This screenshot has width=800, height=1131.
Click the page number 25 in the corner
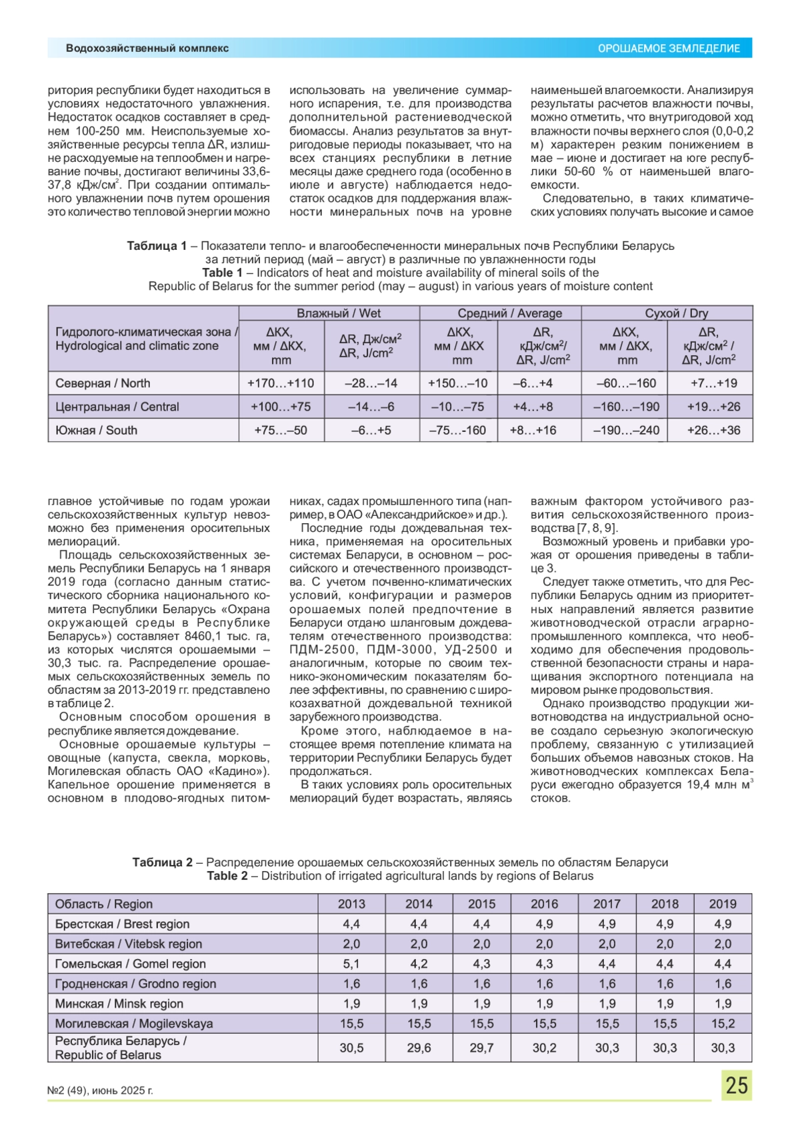tap(736, 1084)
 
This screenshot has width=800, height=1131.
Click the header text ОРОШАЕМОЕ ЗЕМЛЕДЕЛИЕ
tap(668, 49)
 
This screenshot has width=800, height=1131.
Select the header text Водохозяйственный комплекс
tap(147, 48)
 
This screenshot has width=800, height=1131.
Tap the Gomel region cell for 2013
tap(351, 964)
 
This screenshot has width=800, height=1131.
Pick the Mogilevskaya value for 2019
tap(723, 1023)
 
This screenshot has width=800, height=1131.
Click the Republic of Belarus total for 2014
tap(419, 1048)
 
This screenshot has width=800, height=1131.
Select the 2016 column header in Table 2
tap(544, 904)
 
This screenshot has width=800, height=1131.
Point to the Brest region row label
tap(122, 924)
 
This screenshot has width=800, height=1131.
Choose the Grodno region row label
tap(135, 984)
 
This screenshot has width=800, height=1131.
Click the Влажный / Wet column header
tap(329, 313)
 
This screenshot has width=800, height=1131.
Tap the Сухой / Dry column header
tap(667, 313)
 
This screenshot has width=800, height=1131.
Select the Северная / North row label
tap(103, 383)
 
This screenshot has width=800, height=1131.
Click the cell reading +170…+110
tap(281, 383)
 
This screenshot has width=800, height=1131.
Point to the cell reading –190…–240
tap(626, 431)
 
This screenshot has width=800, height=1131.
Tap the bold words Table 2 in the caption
tap(227, 876)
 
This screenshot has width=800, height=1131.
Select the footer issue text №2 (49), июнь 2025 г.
tap(100, 1090)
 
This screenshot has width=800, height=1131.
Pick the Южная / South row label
tap(96, 431)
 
